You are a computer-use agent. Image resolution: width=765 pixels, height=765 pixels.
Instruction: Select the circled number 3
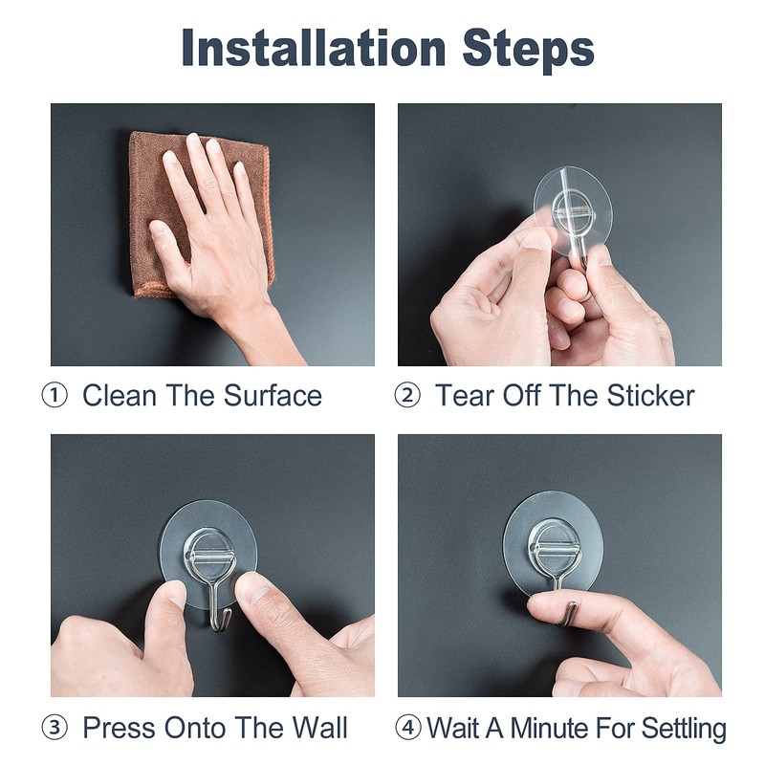click(x=55, y=728)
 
